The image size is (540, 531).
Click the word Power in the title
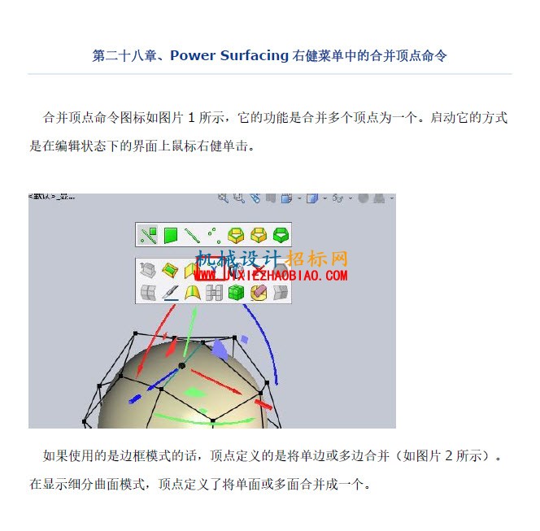193,55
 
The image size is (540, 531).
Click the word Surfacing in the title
255,56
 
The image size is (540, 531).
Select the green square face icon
171,235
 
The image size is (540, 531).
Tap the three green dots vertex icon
214,235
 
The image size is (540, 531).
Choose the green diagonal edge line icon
192,236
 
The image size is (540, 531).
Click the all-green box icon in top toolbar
281,235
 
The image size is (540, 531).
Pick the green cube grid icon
236,293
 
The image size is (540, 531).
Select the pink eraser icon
259,293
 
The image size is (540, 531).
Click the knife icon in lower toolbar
171,293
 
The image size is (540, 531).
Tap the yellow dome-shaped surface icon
193,293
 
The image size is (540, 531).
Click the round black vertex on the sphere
182,366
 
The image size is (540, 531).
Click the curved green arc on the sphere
203,420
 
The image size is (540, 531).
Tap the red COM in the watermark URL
336,276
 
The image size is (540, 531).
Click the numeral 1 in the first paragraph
191,118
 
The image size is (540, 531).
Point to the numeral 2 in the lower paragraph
448,456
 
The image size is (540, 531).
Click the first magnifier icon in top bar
223,198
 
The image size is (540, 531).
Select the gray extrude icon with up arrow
148,270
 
